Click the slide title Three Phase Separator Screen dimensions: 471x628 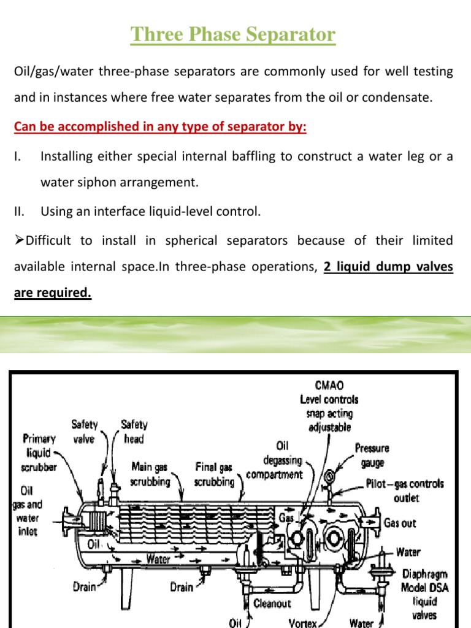pyautogui.click(x=233, y=34)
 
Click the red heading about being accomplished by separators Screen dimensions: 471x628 pyautogui.click(x=159, y=127)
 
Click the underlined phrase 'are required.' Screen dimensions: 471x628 pyautogui.click(x=52, y=293)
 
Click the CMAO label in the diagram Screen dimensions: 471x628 pyautogui.click(x=329, y=386)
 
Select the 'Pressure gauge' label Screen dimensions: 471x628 pyautogui.click(x=372, y=454)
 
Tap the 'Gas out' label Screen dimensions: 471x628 pyautogui.click(x=399, y=523)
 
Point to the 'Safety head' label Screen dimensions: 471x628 pyautogui.click(x=134, y=431)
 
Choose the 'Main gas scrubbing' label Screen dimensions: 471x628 pyautogui.click(x=150, y=474)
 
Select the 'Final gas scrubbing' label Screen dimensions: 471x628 pyautogui.click(x=213, y=474)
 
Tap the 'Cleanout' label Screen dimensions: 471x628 pyautogui.click(x=273, y=603)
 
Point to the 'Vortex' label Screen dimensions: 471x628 pyautogui.click(x=301, y=623)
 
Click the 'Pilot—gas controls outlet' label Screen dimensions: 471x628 pyautogui.click(x=405, y=490)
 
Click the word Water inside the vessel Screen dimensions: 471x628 pyautogui.click(x=158, y=559)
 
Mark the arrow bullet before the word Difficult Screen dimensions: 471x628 pyautogui.click(x=18, y=241)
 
